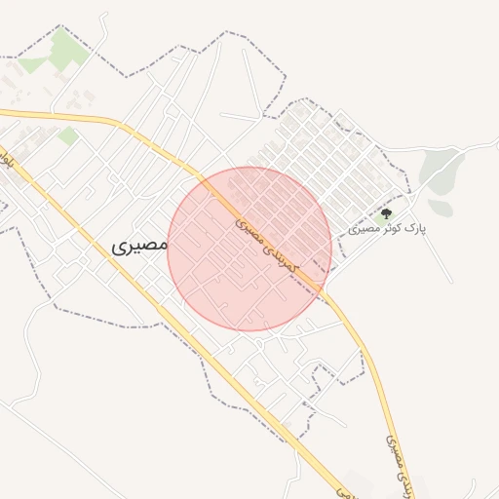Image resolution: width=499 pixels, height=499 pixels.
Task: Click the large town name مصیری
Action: tap(139, 246)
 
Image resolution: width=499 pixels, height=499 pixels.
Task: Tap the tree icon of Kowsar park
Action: tap(387, 213)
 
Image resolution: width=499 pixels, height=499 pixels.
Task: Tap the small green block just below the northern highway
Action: tap(67, 135)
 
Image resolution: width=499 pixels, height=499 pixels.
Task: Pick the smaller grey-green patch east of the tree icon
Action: tap(441, 208)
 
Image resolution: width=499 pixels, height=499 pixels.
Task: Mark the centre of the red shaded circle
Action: tap(249, 249)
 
